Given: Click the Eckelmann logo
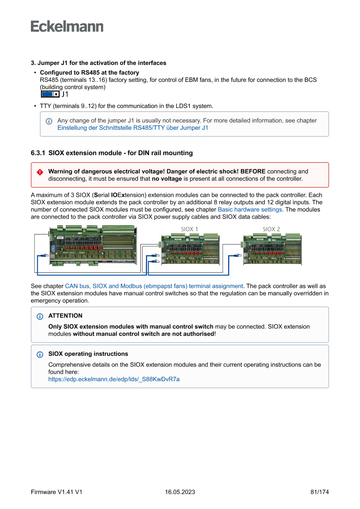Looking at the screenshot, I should point(67,27).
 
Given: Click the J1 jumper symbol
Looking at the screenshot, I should point(50,94).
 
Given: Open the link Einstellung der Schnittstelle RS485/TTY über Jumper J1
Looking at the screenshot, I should point(133,128).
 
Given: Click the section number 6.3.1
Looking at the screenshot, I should point(38,153).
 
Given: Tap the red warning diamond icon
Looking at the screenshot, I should point(40,172).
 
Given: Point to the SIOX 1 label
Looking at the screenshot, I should point(189,229).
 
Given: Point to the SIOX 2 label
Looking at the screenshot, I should point(271,229).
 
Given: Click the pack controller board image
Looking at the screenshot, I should point(93,246).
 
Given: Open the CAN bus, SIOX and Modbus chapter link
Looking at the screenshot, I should point(154,286).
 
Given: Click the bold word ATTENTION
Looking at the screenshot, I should point(65,316).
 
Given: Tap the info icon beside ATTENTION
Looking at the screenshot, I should point(40,316).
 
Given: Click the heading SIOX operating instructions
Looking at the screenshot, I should point(88,354).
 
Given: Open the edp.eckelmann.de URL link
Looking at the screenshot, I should point(114,379).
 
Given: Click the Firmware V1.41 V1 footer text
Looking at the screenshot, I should point(57,492).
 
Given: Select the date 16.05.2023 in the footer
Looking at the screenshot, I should point(180,492).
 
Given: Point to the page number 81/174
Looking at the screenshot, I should point(320,492).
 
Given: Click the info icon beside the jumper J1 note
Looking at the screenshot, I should point(49,121).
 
